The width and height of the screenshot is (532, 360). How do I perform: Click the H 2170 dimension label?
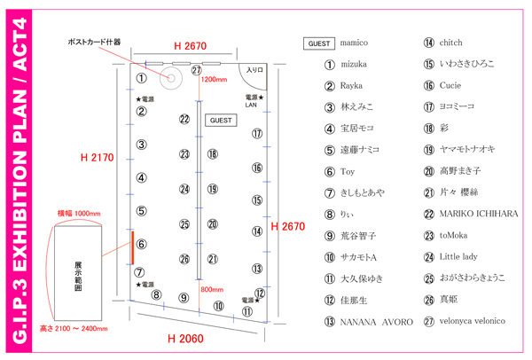(98, 158)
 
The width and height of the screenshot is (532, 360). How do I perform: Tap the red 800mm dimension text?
(213, 289)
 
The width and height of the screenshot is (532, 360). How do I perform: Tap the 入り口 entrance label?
(255, 70)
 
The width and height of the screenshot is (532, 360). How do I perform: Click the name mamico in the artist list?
(354, 43)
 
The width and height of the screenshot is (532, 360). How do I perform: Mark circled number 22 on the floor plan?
(184, 119)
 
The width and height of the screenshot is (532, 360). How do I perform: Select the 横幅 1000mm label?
(79, 214)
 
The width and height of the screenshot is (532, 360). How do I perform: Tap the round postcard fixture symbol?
(168, 74)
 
